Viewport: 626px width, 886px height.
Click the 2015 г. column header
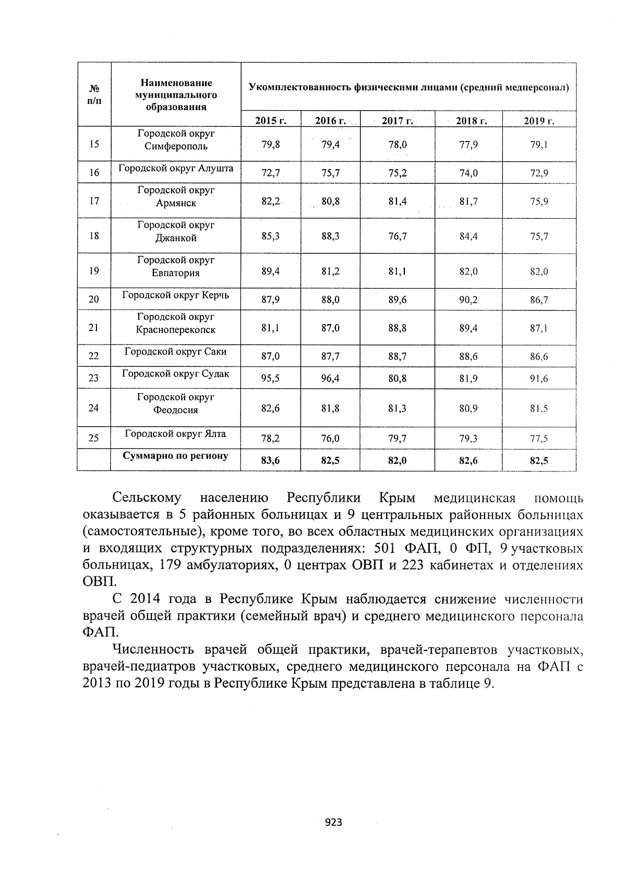pos(271,121)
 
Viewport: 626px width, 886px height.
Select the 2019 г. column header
pos(539,121)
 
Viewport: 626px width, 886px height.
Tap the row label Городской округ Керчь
pos(175,296)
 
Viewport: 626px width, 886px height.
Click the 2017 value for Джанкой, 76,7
pos(398,237)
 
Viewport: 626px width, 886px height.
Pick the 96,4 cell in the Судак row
pos(330,379)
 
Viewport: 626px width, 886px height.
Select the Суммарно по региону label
pos(175,456)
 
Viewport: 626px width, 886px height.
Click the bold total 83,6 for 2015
pos(270,460)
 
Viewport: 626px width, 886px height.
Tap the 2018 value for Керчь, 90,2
pos(468,300)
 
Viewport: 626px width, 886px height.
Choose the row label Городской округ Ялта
pos(175,434)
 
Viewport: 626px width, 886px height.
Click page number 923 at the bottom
pos(333,823)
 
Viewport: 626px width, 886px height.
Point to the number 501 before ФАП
pos(387,549)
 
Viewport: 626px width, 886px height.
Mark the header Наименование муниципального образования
pos(176,95)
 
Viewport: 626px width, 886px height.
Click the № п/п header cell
pos(94,95)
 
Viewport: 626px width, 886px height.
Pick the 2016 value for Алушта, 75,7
pos(330,173)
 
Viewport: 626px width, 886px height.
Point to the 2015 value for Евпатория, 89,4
pos(270,271)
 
